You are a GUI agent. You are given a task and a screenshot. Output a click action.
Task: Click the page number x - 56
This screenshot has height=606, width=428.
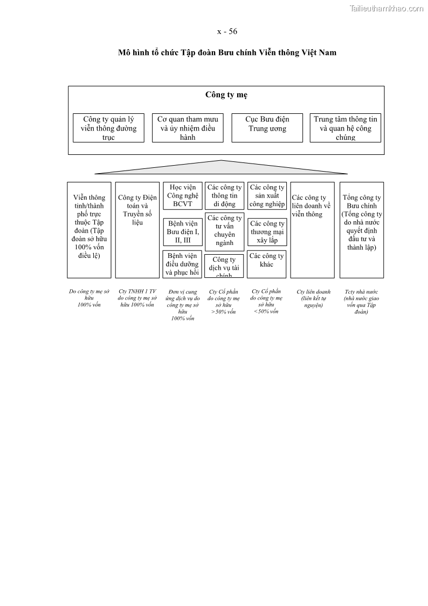[x=227, y=31]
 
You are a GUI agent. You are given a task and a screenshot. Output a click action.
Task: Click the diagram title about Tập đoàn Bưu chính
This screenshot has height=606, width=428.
[x=227, y=52]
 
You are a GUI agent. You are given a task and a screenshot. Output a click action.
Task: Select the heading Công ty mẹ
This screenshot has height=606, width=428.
[x=226, y=95]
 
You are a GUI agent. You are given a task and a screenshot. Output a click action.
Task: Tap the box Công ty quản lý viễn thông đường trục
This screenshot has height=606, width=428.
[x=108, y=128]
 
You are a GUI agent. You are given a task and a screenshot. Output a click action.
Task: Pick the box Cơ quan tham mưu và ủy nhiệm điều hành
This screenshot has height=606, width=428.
[x=188, y=128]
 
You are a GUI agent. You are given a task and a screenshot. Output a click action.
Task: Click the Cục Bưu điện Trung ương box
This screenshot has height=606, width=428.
[x=267, y=128]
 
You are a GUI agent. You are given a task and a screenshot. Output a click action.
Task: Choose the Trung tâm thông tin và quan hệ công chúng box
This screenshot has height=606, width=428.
[x=345, y=128]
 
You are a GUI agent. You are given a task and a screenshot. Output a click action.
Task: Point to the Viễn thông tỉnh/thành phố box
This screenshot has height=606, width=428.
[x=89, y=229]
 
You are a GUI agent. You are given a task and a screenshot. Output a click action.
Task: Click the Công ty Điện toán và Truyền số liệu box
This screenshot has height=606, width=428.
[x=137, y=229]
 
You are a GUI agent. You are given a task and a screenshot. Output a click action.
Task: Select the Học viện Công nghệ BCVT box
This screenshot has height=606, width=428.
[x=183, y=196]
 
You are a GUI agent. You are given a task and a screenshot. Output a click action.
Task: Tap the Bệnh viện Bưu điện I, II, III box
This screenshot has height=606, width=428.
[x=183, y=232]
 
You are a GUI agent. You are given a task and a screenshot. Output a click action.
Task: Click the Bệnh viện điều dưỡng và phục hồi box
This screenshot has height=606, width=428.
[x=183, y=264]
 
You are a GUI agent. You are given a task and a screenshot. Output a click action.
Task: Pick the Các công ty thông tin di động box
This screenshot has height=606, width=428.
[x=224, y=196]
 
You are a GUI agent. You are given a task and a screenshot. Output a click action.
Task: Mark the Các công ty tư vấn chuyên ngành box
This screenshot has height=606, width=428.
[x=224, y=231]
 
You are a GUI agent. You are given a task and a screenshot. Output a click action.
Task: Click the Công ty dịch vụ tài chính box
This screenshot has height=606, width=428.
[x=224, y=266]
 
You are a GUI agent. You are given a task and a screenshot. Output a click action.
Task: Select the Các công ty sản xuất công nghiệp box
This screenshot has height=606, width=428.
[x=267, y=196]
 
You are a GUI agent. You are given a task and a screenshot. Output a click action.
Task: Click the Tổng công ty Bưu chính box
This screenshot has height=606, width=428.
[x=362, y=229]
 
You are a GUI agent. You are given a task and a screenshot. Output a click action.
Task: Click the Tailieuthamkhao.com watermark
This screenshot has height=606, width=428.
[x=386, y=8]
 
